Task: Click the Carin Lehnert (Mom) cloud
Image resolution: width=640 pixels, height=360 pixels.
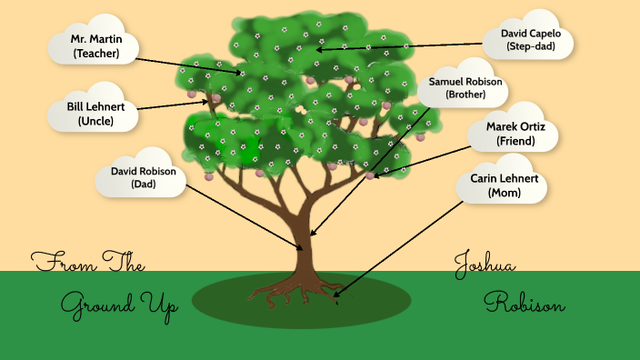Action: point(503,185)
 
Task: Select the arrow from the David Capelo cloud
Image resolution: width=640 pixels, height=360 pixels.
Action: point(400,45)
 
